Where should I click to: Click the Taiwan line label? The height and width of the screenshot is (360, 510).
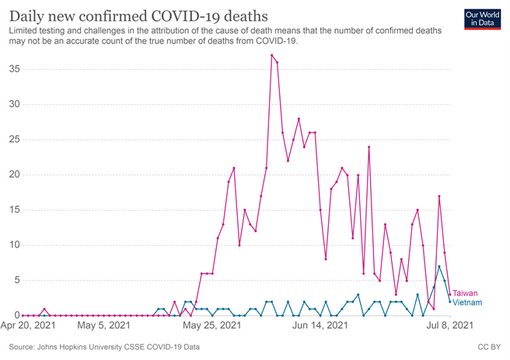465,293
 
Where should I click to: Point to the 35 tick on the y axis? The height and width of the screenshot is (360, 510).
14,69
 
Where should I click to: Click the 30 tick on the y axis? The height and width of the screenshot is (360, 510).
14,104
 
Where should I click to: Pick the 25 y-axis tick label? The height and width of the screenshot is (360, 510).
14,139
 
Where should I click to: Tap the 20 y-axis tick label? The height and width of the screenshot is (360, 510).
14,175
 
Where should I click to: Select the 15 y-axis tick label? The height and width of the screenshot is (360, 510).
14,210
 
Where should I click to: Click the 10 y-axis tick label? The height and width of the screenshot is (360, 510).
14,245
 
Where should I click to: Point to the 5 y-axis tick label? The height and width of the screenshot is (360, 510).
16,280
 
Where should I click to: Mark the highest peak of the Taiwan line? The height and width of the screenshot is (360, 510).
271,55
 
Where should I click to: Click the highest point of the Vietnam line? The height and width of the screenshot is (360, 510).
439,267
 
